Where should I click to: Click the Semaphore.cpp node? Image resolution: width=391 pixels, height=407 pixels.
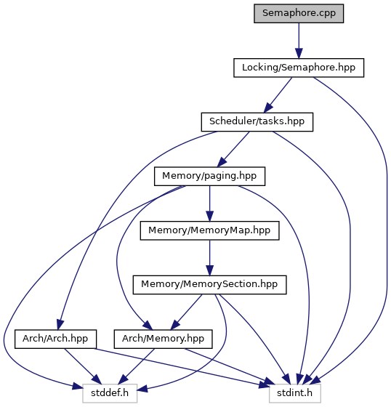[x=299, y=13]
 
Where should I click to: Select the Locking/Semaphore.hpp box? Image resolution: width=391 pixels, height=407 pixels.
[x=299, y=68]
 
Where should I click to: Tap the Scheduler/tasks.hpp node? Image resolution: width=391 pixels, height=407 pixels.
[x=257, y=122]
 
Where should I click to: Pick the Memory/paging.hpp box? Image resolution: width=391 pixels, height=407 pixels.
[x=209, y=176]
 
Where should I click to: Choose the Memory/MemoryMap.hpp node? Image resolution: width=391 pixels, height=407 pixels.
[x=209, y=230]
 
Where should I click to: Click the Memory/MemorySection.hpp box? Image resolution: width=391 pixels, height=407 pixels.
[x=209, y=285]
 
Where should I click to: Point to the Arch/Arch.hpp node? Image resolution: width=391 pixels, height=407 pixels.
[x=55, y=339]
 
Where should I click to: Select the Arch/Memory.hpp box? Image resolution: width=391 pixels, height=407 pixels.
[x=163, y=339]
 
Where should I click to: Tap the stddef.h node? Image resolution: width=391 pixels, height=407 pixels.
[x=110, y=393]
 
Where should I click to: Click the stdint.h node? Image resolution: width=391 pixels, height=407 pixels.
[x=295, y=393]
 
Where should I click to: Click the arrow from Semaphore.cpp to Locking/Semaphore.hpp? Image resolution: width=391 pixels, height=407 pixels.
[x=299, y=41]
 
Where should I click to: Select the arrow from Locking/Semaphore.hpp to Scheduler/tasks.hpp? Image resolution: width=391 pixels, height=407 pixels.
[x=278, y=94]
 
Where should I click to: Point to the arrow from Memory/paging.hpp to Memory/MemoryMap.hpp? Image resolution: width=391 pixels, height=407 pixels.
[x=209, y=203]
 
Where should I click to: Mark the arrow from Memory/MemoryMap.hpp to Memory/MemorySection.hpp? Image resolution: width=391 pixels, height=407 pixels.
[x=209, y=258]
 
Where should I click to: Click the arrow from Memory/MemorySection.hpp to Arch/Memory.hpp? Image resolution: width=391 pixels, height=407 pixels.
[x=186, y=312]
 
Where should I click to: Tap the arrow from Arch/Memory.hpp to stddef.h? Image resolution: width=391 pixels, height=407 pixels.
[x=137, y=366]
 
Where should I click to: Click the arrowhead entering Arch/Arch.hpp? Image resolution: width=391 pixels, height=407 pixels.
[x=60, y=325]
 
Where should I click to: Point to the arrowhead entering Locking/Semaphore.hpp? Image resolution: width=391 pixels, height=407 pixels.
[x=299, y=54]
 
